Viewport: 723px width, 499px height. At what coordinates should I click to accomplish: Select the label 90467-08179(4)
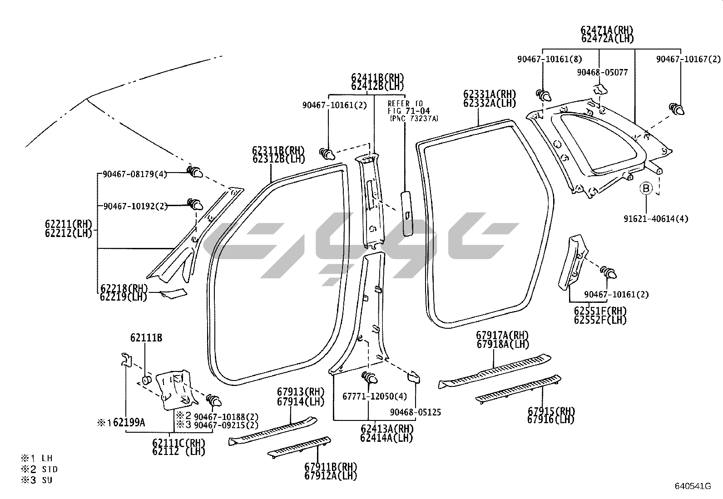[x=135, y=174]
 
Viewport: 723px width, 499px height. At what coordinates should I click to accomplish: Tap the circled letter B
[x=646, y=188]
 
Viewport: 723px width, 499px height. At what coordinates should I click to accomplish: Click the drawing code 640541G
[x=692, y=486]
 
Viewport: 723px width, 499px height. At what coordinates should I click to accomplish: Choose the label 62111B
[x=146, y=338]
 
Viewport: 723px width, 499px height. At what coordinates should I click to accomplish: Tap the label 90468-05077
[x=602, y=72]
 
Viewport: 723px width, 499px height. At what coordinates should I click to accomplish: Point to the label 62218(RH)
[x=124, y=289]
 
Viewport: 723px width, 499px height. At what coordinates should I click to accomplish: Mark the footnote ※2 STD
[x=40, y=469]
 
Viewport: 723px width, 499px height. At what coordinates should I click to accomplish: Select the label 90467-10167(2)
[x=688, y=59]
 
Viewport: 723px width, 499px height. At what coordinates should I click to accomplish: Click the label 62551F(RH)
[x=600, y=311]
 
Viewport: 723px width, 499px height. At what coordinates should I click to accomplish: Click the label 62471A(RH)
[x=607, y=30]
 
